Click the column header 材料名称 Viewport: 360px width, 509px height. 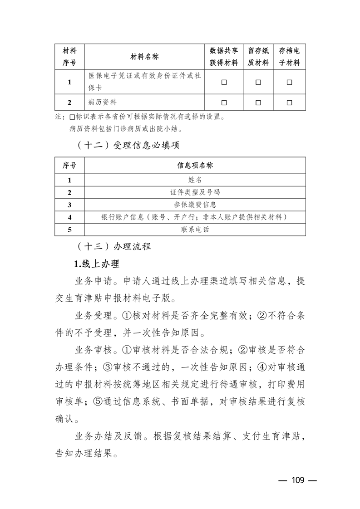point(145,57)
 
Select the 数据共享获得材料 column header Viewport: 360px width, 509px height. point(224,57)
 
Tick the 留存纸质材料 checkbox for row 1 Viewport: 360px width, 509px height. point(258,82)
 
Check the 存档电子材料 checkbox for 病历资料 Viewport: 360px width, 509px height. point(289,103)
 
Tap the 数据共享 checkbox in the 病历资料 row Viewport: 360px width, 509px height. point(224,103)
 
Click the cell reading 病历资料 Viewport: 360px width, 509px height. point(103,103)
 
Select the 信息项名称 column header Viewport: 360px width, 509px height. point(195,166)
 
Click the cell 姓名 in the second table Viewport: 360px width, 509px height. point(195,180)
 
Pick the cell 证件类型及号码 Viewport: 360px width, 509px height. point(195,192)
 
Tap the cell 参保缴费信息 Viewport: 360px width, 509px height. point(195,205)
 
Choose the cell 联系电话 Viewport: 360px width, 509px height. point(195,230)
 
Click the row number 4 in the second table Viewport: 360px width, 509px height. point(69,217)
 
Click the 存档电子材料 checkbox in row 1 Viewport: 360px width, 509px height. point(289,82)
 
